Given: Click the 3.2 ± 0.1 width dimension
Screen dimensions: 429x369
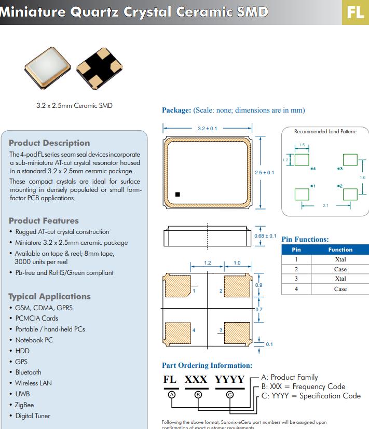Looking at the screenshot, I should pos(208,128).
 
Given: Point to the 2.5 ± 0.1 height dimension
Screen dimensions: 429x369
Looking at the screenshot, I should pos(265,172).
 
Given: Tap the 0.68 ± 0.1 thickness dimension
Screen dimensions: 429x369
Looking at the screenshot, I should pos(265,236).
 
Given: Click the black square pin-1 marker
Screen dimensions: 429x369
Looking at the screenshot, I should pos(178,195).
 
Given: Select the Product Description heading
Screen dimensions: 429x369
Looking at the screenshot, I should pos(49,143).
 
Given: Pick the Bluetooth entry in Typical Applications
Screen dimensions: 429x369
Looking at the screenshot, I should pos(28,372).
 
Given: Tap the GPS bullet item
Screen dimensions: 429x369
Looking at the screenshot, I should pos(21,362).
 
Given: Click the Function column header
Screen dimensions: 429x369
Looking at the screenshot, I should pos(340,250).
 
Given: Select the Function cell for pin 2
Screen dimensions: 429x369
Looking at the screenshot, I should pos(340,269).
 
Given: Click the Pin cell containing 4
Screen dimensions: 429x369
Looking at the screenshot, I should pos(296,288).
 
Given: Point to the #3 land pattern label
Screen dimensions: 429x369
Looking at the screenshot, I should pos(340,169).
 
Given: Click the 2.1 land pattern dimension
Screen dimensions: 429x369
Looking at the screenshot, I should pos(325,206).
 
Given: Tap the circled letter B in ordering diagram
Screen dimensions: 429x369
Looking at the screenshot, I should pos(198,394).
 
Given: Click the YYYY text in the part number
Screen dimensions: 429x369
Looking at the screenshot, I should pos(229,380).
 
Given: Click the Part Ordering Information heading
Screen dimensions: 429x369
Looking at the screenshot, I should pos(207,365).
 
